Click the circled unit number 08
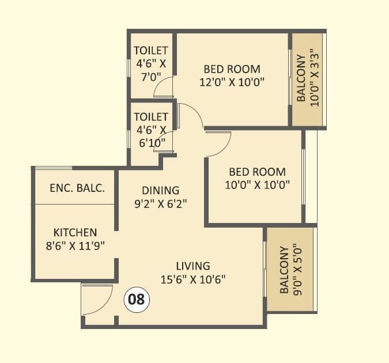coord(137,300)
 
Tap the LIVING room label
coord(193,266)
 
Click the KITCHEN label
coord(75,233)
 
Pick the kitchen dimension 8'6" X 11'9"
coord(75,246)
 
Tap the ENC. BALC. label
coord(77,188)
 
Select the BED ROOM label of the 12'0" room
coord(232,68)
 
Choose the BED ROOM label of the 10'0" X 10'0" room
coord(257,172)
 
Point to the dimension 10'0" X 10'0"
coord(257,185)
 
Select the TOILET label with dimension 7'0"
coord(151,51)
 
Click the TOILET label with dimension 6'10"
coord(151,116)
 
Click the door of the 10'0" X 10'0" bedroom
coord(218,143)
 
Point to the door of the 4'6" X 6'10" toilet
coord(164,142)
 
